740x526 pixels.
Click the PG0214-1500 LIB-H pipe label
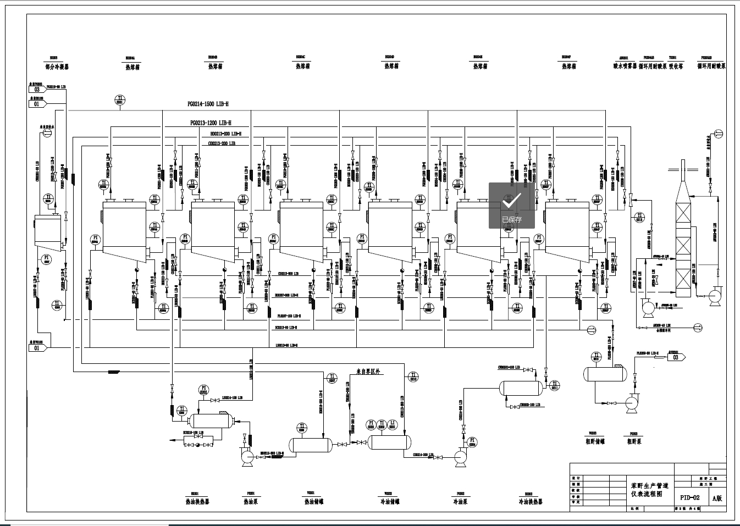pyautogui.click(x=208, y=104)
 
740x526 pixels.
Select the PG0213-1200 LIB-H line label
pyautogui.click(x=211, y=123)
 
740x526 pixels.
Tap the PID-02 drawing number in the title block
pyautogui.click(x=690, y=497)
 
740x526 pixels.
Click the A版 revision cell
pyautogui.click(x=717, y=499)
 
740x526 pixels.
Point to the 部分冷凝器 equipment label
pyautogui.click(x=57, y=67)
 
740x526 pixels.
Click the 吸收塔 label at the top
pyautogui.click(x=676, y=67)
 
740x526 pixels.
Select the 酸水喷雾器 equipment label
pyautogui.click(x=625, y=67)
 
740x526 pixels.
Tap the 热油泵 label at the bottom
pyautogui.click(x=251, y=501)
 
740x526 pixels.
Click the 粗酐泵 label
pyautogui.click(x=634, y=441)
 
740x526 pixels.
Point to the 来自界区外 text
pyautogui.click(x=368, y=372)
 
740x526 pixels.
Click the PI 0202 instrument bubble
pyautogui.click(x=203, y=390)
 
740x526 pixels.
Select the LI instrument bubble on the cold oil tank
pyautogui.click(x=393, y=424)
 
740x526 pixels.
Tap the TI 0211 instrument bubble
pyautogui.click(x=555, y=385)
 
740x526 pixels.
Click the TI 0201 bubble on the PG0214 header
pyautogui.click(x=120, y=99)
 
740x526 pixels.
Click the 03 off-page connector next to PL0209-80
pyautogui.click(x=676, y=357)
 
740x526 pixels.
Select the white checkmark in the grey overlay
pyautogui.click(x=511, y=202)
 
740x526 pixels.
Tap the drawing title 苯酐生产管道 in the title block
pyautogui.click(x=650, y=486)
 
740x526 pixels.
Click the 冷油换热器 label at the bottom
pyautogui.click(x=531, y=501)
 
